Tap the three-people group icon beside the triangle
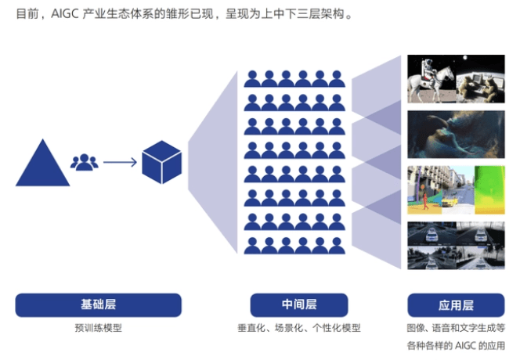85,162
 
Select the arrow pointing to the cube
120,162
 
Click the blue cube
162,162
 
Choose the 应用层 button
456,305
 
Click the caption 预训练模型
99,328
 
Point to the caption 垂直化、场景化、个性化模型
299,328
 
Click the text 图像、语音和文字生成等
456,328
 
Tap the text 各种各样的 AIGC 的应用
456,345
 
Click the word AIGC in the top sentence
65,14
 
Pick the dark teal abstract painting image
456,135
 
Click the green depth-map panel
489,190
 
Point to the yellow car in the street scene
450,201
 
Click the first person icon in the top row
252,79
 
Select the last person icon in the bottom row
337,246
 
